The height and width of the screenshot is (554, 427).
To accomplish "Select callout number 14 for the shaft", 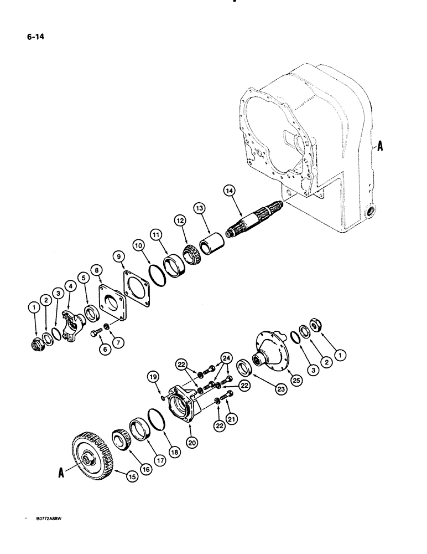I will coord(230,191).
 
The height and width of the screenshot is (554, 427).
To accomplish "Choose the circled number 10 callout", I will coord(138,244).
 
